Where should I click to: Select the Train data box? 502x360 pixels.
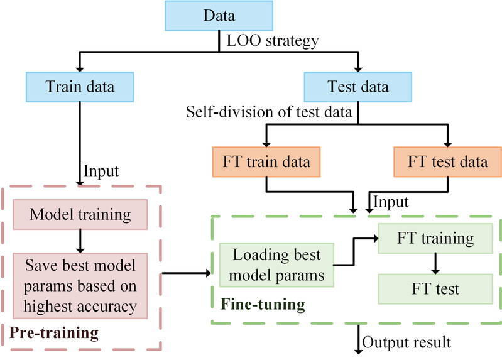[x=80, y=86]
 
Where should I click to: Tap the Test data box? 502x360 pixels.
[x=357, y=86]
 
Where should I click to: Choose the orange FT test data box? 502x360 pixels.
[x=447, y=161]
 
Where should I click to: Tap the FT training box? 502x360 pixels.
[x=434, y=239]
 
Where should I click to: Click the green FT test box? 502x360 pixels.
[x=434, y=290]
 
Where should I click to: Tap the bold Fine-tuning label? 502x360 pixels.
[x=263, y=306]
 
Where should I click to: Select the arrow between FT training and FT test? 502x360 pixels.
[x=434, y=264]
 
